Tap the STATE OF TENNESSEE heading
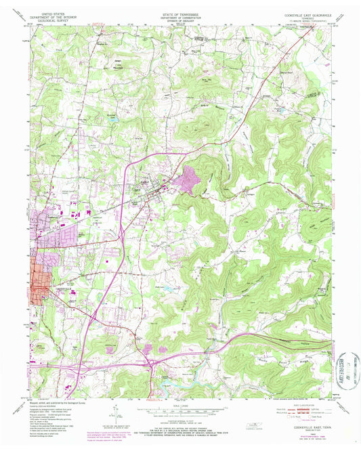pyautogui.click(x=180, y=13)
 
